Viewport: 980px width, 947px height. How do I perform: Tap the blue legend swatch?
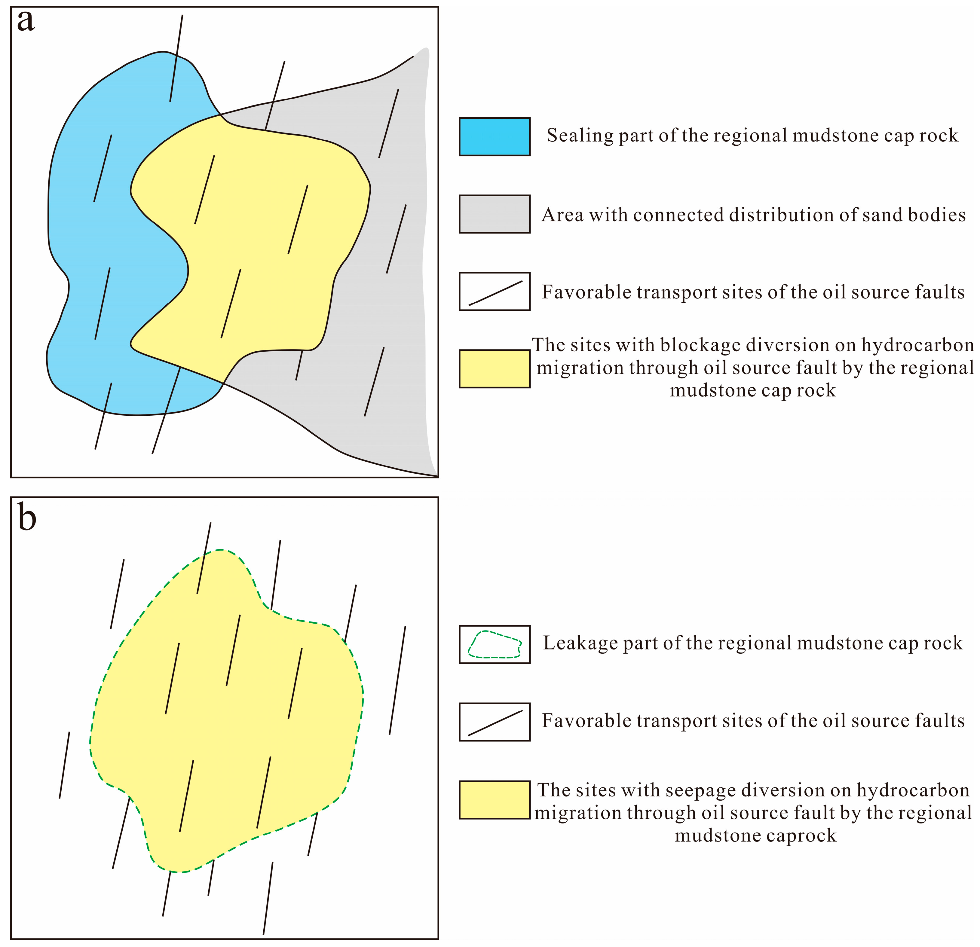(x=495, y=136)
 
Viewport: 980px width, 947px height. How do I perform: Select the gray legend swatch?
(x=495, y=214)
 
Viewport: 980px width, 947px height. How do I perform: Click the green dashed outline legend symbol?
(x=495, y=644)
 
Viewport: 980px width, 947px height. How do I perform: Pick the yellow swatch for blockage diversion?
(x=495, y=368)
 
